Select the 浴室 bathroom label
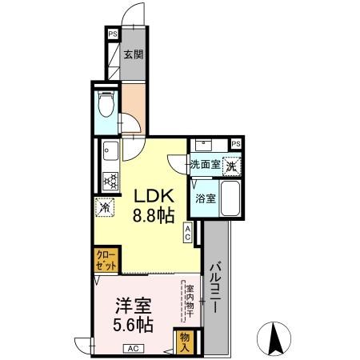[205, 198]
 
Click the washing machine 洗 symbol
[230, 166]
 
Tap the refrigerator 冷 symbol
[104, 206]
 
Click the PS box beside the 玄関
[112, 34]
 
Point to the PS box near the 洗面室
[236, 144]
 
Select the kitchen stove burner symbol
[110, 179]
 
